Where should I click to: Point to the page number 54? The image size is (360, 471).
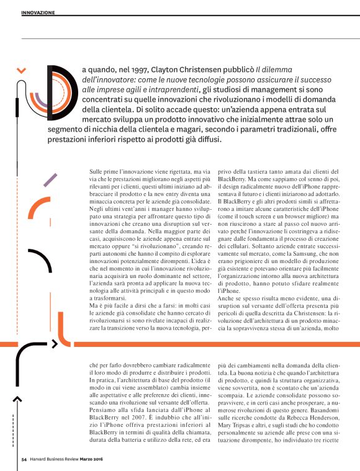pos(24,460)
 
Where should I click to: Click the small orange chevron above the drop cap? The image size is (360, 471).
pos(22,71)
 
